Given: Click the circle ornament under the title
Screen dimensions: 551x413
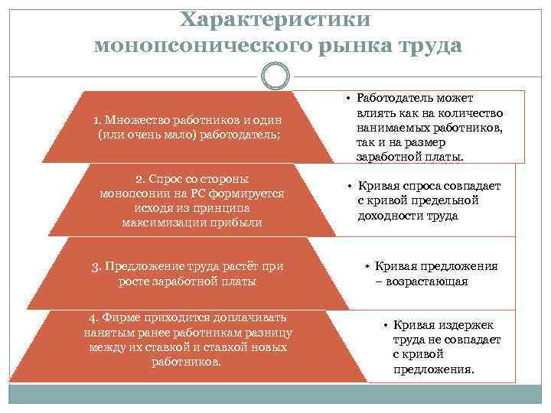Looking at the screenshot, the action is pyautogui.click(x=275, y=76).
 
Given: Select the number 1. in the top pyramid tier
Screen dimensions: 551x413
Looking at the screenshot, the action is pyautogui.click(x=97, y=120).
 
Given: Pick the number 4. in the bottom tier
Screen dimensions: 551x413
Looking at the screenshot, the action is pyautogui.click(x=95, y=317).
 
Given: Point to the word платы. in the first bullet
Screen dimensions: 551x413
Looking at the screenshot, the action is pyautogui.click(x=443, y=156).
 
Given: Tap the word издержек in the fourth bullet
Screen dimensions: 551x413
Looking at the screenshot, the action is pyautogui.click(x=465, y=326).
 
